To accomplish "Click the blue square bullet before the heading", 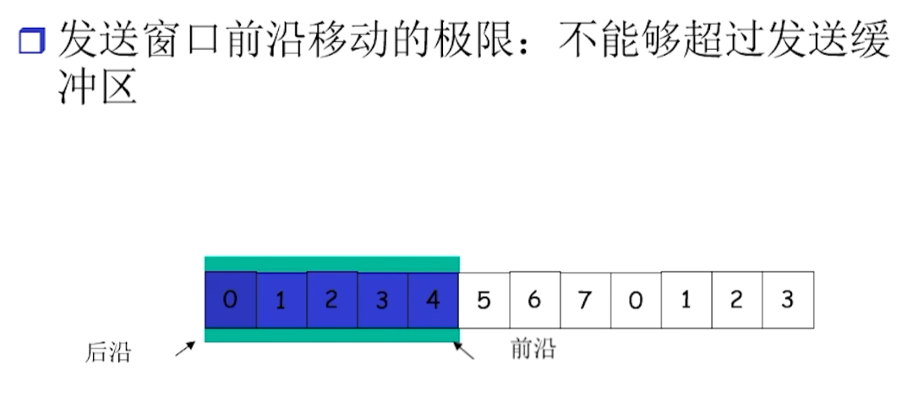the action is tap(32, 41).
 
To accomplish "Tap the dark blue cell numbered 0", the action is tap(231, 300).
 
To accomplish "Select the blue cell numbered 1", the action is tap(282, 300).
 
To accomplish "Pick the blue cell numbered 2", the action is tap(332, 300).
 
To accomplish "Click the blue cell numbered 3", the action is tap(383, 300).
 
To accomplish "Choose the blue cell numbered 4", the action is tap(433, 300).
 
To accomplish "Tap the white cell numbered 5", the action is tap(484, 300).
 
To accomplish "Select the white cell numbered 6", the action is tap(535, 300).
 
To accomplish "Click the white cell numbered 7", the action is tap(586, 300).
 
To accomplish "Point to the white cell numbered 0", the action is tap(637, 300).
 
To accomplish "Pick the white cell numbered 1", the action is tap(686, 300).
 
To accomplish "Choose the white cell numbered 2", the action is tap(737, 300).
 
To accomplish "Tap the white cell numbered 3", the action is tap(788, 300).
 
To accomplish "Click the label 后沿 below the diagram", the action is tap(108, 352).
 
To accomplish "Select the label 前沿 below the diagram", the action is tap(533, 348).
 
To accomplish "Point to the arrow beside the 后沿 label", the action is tap(185, 349).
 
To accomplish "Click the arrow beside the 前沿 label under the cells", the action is tap(463, 350).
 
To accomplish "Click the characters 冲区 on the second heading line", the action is tap(98, 87).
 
